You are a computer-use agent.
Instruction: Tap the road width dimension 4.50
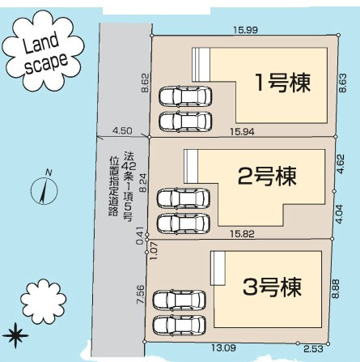[123, 130]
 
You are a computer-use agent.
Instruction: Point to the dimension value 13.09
[225, 348]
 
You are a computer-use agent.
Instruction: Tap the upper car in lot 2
[183, 198]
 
